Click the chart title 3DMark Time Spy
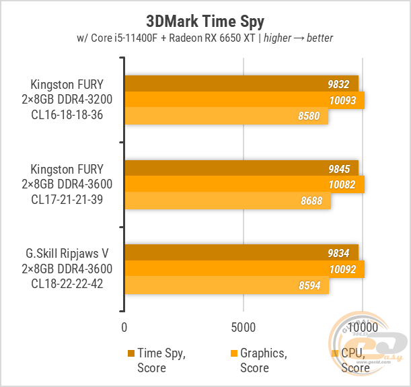click(205, 22)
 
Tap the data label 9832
click(338, 84)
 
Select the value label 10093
click(342, 100)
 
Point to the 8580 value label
click(309, 116)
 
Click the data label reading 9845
click(339, 169)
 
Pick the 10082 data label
click(342, 185)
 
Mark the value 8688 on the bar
click(311, 201)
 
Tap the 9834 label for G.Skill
click(338, 253)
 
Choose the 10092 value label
click(342, 269)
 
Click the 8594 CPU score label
click(309, 285)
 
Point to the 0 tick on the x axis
click(124, 328)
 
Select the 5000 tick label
click(244, 328)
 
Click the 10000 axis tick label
click(363, 328)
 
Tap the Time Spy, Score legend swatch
click(131, 353)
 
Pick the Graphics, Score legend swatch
click(234, 353)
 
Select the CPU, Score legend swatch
click(335, 353)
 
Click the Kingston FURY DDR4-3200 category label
click(67, 100)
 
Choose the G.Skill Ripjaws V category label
click(67, 269)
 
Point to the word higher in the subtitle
click(277, 38)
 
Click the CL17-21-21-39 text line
click(67, 199)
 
